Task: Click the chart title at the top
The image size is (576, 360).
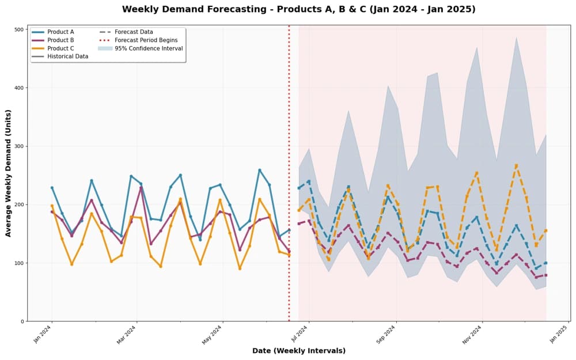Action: (x=298, y=9)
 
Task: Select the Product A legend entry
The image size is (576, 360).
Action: (x=60, y=32)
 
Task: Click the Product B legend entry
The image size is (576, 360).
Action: (x=60, y=40)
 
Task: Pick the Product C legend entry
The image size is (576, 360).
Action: (x=60, y=48)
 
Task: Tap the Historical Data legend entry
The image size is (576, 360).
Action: (x=66, y=56)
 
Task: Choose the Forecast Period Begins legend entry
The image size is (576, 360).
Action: (x=146, y=40)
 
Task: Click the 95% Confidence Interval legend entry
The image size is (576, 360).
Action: (x=148, y=48)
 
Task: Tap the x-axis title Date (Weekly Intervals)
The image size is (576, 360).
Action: (x=298, y=351)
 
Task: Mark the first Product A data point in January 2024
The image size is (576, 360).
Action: (x=52, y=188)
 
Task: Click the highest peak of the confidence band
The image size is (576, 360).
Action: (x=516, y=37)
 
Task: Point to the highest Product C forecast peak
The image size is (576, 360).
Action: (x=516, y=165)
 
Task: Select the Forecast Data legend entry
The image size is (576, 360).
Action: (x=134, y=32)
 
